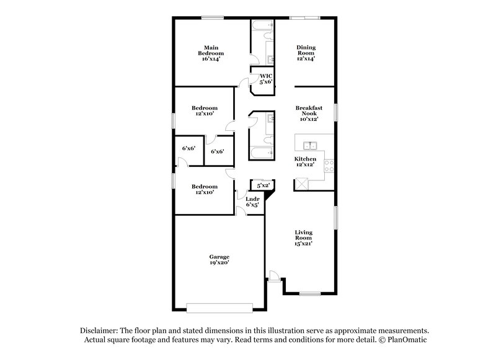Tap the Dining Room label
(306, 53)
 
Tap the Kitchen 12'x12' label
(305, 163)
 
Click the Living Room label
(303, 238)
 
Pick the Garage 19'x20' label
(219, 260)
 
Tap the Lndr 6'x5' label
(252, 202)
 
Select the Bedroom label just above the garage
(204, 189)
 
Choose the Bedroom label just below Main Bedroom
(204, 111)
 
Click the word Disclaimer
(100, 331)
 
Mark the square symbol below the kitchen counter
(302, 183)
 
